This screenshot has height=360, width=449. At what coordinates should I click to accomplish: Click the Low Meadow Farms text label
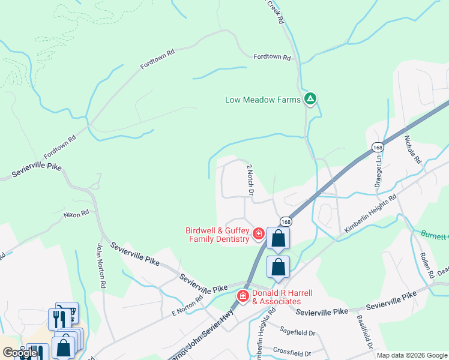click(262, 100)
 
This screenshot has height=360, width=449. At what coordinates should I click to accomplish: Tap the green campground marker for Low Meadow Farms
click(310, 99)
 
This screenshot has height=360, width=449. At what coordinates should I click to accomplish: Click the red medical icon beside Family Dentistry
click(259, 233)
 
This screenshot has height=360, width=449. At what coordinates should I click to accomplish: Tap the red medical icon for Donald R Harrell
click(243, 296)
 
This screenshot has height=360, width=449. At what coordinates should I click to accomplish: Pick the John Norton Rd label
click(101, 264)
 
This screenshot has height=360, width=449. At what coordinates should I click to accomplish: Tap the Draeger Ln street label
click(378, 171)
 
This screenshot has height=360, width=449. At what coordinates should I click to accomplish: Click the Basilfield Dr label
click(365, 332)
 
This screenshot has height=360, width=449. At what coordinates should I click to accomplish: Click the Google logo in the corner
click(20, 353)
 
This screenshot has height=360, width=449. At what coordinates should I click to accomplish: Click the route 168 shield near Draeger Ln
click(377, 148)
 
